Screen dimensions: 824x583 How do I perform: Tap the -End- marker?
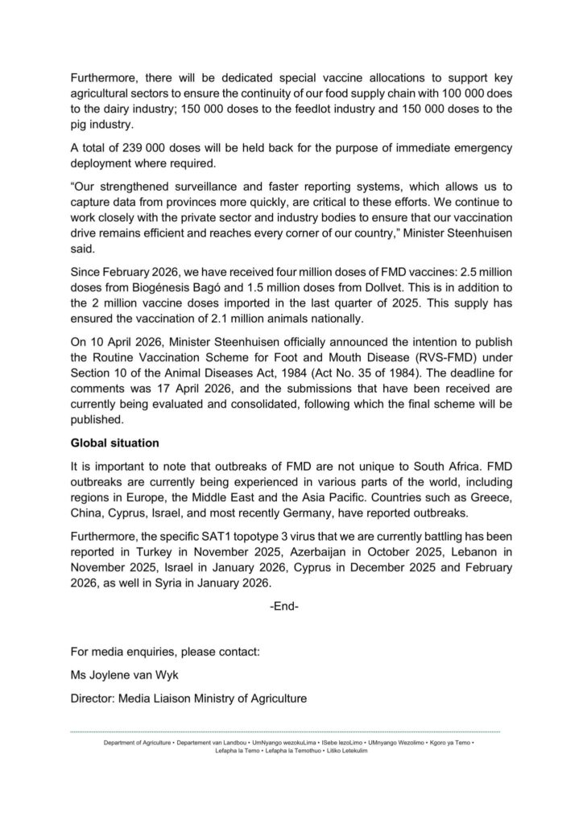[284, 606]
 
